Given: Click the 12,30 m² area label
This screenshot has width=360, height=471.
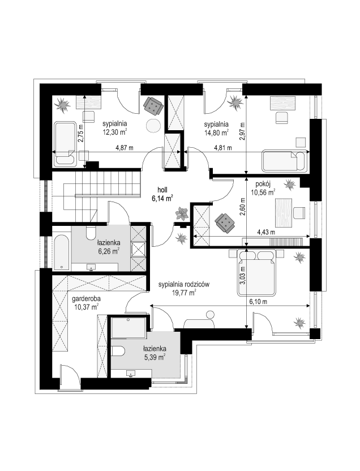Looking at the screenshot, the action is coord(114,131).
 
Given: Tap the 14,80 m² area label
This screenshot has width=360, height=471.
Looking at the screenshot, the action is coord(216,132).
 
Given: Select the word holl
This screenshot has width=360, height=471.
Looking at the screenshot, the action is coord(162,190).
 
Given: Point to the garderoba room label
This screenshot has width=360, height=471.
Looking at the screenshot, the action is coord(86,299).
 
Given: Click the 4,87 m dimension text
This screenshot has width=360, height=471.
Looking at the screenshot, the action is coord(125,148).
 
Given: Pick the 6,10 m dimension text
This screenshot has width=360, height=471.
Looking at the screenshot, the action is coord(258,302).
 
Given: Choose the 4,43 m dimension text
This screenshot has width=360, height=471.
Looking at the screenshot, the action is coord(266,232).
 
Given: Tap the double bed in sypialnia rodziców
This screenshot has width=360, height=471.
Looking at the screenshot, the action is coord(257,272).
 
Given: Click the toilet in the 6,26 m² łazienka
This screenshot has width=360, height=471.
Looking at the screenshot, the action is coord(91,233).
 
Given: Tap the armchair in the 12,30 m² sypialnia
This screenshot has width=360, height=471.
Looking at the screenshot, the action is coord(153,106).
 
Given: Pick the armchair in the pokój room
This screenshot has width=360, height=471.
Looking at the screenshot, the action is coord(225,222).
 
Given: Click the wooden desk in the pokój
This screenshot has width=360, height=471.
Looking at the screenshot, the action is coord(284,212).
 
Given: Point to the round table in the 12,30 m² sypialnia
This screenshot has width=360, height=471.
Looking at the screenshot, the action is coord(153,126).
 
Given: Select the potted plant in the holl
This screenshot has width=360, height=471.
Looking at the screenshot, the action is coord(182,213).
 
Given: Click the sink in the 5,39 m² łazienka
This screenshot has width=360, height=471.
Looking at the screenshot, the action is coord(131,374).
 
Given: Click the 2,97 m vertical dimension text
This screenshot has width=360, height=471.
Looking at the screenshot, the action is coord(243,131).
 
